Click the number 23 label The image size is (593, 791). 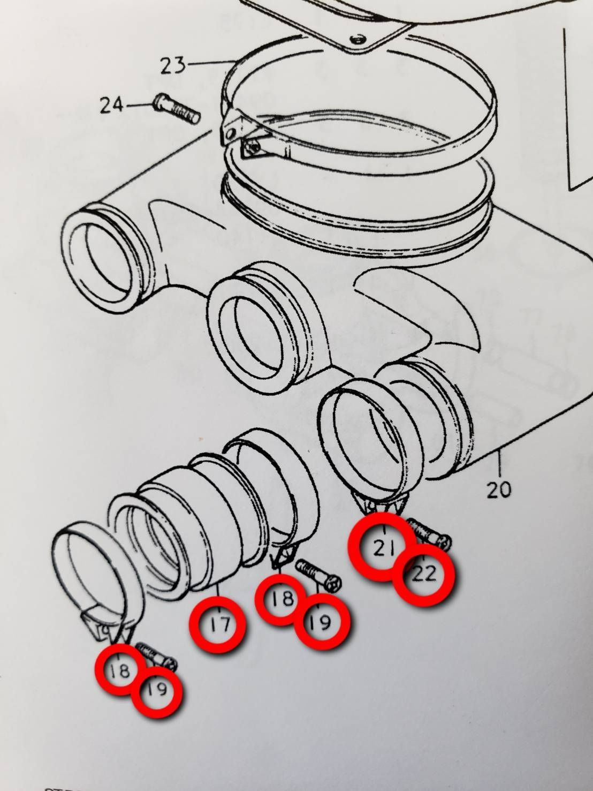point(173,65)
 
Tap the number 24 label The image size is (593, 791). point(112,105)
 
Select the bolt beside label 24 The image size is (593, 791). point(177,109)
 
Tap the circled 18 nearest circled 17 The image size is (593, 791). point(282,599)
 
